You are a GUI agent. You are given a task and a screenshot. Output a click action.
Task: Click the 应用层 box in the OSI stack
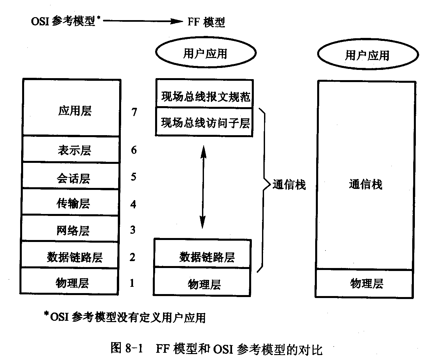pyautogui.click(x=71, y=108)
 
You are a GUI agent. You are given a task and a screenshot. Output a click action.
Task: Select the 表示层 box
pyautogui.click(x=71, y=149)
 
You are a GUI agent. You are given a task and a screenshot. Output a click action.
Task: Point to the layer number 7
pyautogui.click(x=134, y=112)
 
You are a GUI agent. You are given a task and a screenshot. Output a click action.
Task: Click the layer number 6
pyautogui.click(x=134, y=150)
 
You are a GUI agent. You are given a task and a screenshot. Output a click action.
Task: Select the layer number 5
pyautogui.click(x=133, y=177)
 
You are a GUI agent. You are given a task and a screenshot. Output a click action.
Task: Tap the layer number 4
pyautogui.click(x=133, y=204)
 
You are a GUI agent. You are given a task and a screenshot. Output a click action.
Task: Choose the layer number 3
pyautogui.click(x=133, y=230)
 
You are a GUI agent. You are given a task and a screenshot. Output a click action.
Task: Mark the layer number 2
pyautogui.click(x=132, y=257)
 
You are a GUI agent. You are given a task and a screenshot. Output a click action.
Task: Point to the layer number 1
pyautogui.click(x=132, y=283)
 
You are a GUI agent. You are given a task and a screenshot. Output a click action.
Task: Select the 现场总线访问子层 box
pyautogui.click(x=205, y=122)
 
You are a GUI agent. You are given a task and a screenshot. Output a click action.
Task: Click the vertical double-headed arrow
pyautogui.click(x=203, y=187)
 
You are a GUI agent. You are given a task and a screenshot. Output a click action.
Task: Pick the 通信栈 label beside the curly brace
pyautogui.click(x=289, y=185)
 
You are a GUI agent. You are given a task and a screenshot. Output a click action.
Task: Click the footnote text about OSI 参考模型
pyautogui.click(x=125, y=317)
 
